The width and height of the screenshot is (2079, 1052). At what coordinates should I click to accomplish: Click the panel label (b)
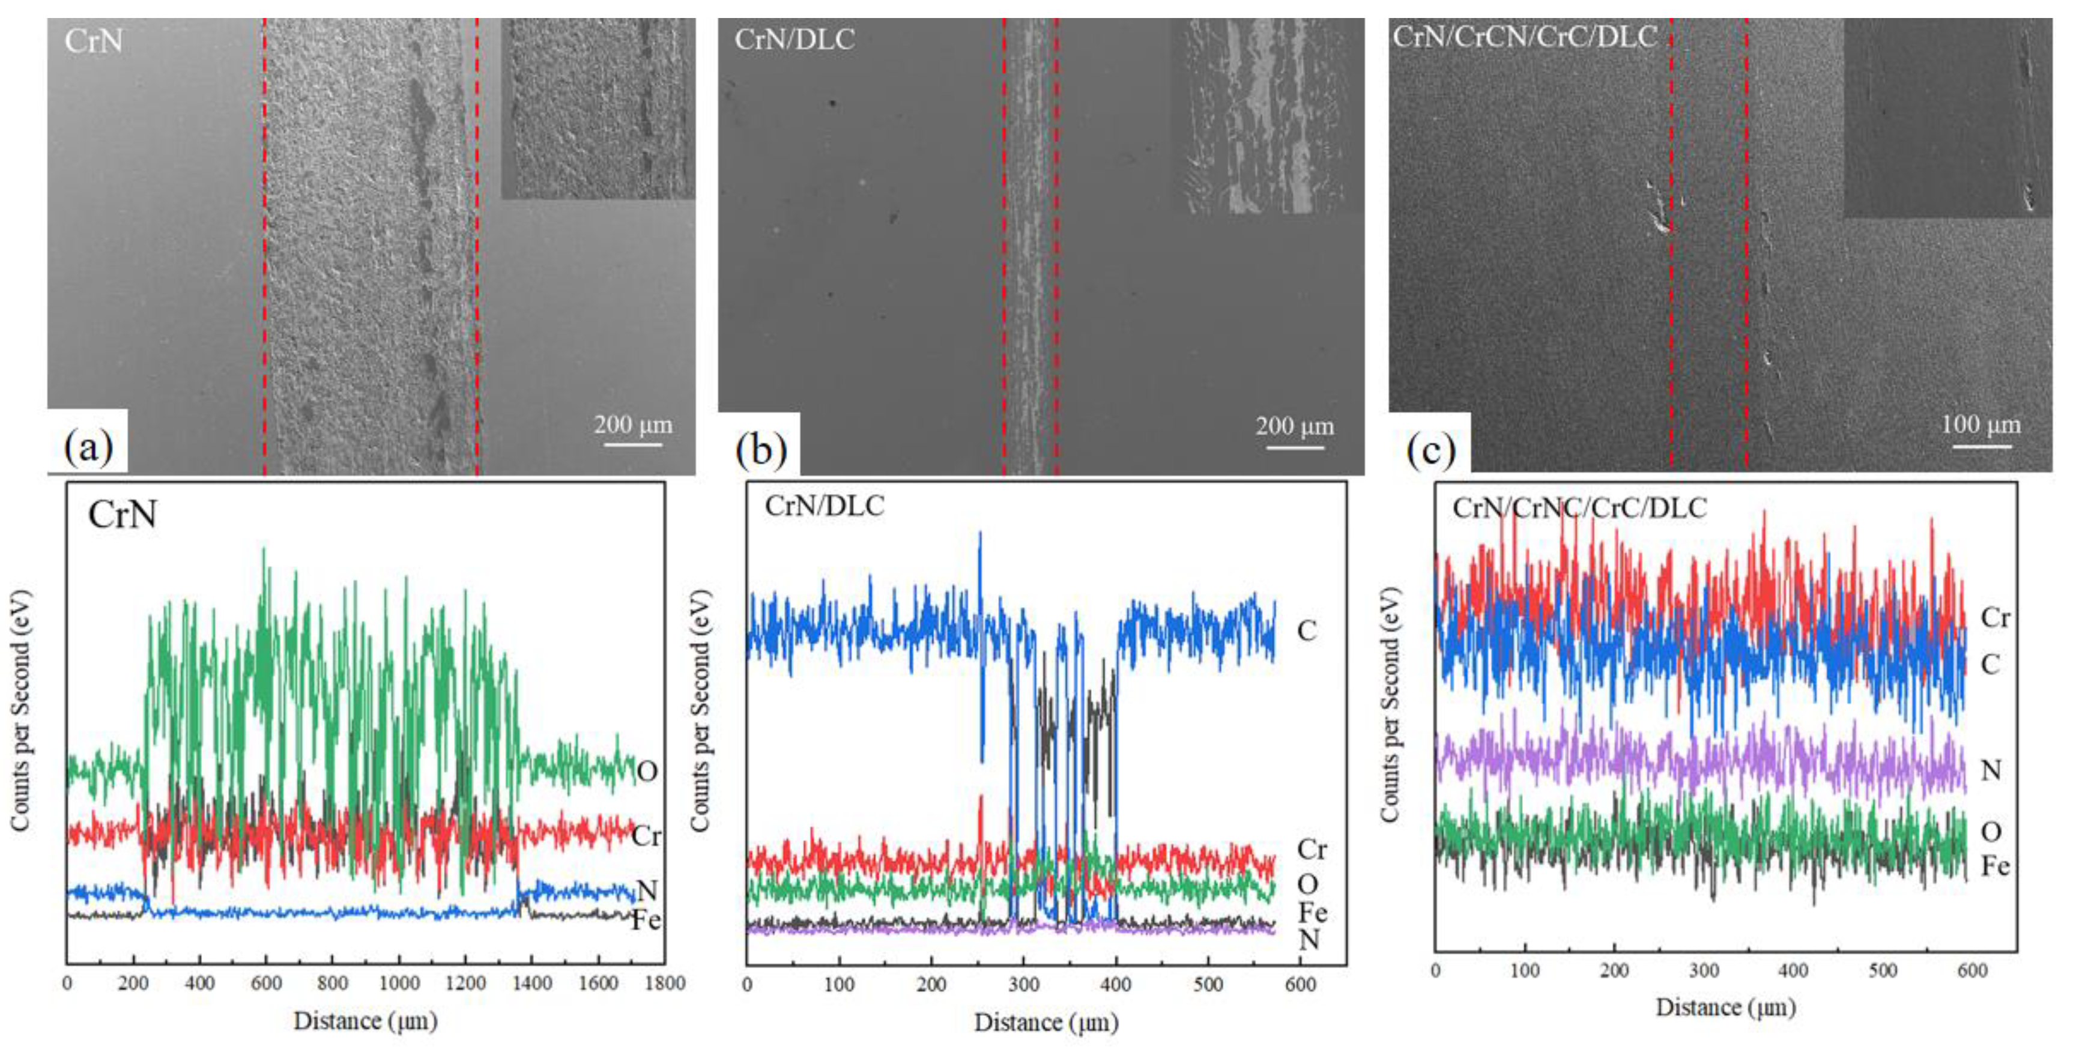coord(760,449)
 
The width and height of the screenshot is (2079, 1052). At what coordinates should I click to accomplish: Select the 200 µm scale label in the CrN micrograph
coord(633,425)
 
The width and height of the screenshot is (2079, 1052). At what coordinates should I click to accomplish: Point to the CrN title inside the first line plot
coord(122,515)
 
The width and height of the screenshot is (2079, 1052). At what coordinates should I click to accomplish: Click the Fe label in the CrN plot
coord(646,920)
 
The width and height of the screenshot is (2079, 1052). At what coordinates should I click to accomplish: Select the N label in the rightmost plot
coord(1991,770)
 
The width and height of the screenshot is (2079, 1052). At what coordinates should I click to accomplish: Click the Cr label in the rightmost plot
coord(1995,618)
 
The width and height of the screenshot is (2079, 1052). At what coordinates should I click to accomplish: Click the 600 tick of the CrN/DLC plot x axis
coord(1300,984)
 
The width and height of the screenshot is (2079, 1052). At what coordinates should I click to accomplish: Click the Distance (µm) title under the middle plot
coord(1046,1023)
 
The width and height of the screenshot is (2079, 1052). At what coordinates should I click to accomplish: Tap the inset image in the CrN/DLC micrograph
coord(1265,117)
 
